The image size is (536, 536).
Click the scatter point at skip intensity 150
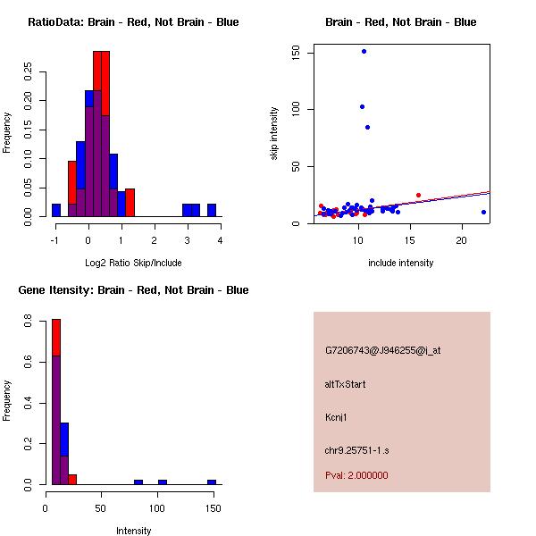pos(364,51)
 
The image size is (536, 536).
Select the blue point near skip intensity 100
pos(362,106)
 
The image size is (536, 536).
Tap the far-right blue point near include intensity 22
pos(483,212)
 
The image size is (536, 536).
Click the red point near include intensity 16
pos(418,195)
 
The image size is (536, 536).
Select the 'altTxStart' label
pos(346,384)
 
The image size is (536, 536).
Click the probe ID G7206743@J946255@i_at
pos(382,350)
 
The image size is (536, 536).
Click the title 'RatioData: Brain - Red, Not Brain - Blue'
pos(133,21)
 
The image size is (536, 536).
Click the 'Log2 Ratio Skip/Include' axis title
pos(133,263)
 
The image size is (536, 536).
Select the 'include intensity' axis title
pos(400,263)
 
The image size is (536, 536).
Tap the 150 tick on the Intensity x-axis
pos(212,508)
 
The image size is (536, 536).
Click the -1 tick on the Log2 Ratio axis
pos(55,240)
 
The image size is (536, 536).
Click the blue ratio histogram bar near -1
pos(56,210)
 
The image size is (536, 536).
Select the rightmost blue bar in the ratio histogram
pos(212,210)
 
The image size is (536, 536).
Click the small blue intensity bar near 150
pos(212,482)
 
